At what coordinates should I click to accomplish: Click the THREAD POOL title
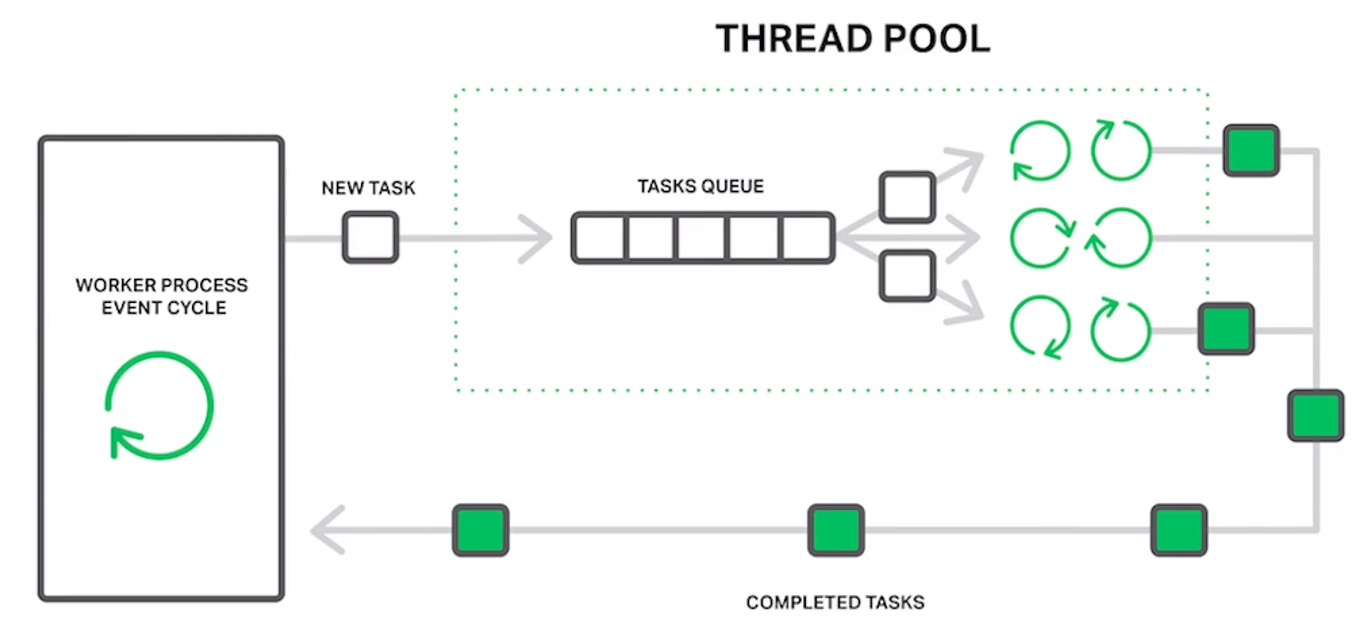[853, 38]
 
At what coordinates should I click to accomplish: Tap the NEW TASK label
[369, 188]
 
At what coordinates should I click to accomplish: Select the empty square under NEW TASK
[370, 238]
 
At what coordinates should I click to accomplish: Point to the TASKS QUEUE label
[701, 186]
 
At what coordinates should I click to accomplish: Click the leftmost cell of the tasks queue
[600, 238]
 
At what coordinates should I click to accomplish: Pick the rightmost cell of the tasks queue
[806, 238]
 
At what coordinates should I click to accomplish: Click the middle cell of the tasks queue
[701, 238]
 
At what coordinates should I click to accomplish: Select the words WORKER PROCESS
[161, 285]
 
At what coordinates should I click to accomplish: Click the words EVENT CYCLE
[164, 308]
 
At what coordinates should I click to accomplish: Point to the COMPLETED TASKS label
[835, 603]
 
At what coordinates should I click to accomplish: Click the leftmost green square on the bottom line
[481, 530]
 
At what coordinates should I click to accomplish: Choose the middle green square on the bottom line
[836, 530]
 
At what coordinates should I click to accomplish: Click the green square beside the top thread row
[1252, 151]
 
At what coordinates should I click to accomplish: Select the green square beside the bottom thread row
[1226, 329]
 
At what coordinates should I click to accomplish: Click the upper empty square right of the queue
[907, 197]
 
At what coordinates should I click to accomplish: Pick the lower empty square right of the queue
[907, 276]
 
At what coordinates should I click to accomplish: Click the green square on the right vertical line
[1316, 416]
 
